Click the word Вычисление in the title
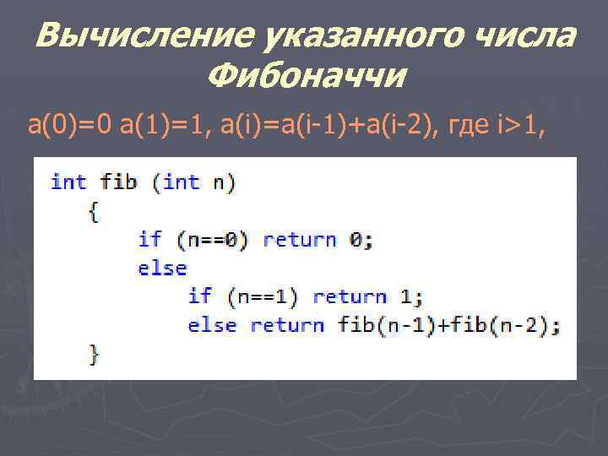pyautogui.click(x=144, y=38)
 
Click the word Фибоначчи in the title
pyautogui.click(x=306, y=78)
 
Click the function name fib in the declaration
pyautogui.click(x=118, y=182)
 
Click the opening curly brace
pyautogui.click(x=93, y=210)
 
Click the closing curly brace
pyautogui.click(x=93, y=353)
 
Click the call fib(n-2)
pyautogui.click(x=499, y=325)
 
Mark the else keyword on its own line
pyautogui.click(x=162, y=268)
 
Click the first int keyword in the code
pyautogui.click(x=68, y=182)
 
